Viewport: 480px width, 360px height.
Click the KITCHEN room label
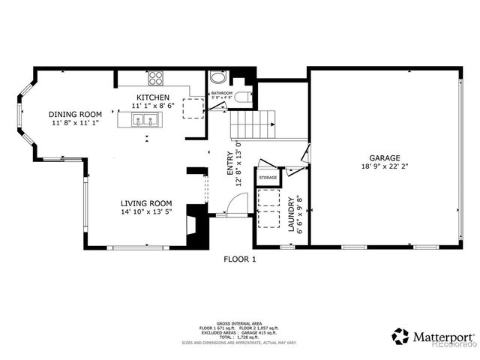point(152,98)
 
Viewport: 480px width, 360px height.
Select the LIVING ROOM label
point(147,203)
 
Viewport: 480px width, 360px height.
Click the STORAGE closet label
point(268,178)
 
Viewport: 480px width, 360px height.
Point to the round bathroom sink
point(217,77)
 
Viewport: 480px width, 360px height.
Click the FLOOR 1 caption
point(240,259)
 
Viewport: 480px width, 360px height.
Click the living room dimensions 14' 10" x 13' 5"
point(147,212)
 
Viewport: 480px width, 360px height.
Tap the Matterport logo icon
point(400,335)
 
